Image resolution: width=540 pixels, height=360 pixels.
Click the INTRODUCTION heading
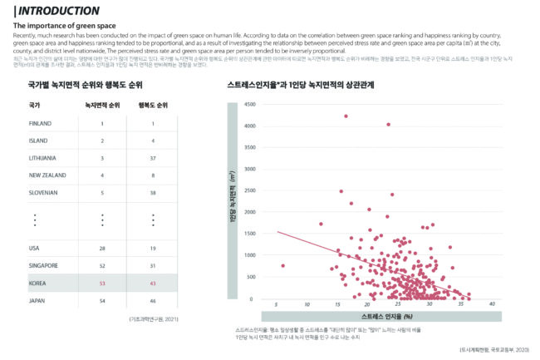(x=57, y=11)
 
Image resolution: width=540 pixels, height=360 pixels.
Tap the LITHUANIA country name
(x=43, y=158)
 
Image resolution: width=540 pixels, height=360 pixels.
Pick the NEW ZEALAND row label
(x=47, y=175)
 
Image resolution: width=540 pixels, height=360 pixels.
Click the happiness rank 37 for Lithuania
(x=153, y=158)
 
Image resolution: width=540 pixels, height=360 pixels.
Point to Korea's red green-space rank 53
(x=102, y=284)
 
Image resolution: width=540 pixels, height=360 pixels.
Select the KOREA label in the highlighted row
(x=37, y=284)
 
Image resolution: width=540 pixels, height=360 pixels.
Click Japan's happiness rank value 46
(x=153, y=300)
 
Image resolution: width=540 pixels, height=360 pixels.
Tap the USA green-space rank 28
(x=102, y=248)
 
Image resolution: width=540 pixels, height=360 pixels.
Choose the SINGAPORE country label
(x=43, y=265)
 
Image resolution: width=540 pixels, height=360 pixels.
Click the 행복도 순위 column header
(x=153, y=106)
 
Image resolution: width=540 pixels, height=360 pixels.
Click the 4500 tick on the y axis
(x=251, y=104)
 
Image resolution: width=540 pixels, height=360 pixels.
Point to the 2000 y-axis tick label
(x=251, y=212)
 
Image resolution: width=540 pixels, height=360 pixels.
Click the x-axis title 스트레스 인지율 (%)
(x=387, y=317)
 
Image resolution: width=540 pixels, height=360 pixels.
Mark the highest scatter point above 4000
(x=346, y=116)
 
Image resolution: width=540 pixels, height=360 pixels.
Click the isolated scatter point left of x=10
(x=283, y=265)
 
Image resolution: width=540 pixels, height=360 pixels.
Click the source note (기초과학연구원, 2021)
(x=153, y=319)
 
